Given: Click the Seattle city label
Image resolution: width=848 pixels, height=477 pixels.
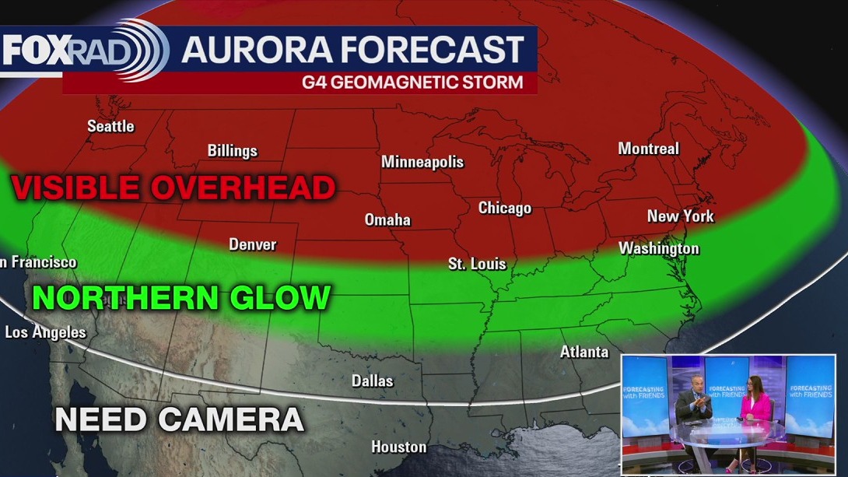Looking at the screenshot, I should [110, 126].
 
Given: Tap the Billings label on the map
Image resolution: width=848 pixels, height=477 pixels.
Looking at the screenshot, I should [232, 151].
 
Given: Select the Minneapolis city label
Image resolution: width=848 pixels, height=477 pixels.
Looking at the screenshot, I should [422, 162].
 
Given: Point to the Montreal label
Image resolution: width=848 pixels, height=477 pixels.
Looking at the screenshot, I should [648, 149].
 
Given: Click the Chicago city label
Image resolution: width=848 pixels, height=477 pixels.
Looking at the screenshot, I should [504, 208].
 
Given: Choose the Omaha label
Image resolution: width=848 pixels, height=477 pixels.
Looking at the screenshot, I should [387, 220].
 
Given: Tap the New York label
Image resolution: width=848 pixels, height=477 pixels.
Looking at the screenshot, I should [680, 216].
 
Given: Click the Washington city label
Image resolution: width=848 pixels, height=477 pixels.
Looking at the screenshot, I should [658, 248].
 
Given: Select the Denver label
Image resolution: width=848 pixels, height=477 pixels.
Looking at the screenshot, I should [252, 244].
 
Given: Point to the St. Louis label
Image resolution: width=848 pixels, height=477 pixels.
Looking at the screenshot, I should [477, 264].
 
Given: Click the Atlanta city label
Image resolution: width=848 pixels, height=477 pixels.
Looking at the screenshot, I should [584, 352].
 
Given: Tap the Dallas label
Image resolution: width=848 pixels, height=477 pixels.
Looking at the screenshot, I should [372, 381].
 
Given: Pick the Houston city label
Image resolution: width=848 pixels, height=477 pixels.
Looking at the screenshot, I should [398, 447].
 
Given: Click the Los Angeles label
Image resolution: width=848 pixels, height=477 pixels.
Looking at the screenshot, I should [45, 332].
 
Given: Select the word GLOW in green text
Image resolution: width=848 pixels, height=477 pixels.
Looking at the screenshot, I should [280, 298].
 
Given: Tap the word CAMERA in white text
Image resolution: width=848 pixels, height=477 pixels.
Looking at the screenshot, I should [231, 419].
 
